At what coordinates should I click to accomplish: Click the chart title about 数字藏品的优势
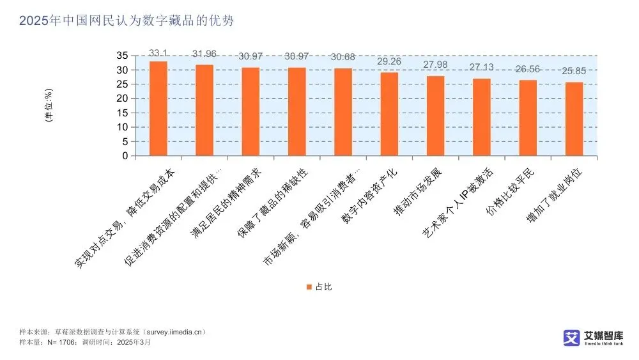tap(127, 21)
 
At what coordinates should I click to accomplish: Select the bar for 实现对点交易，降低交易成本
tap(158, 109)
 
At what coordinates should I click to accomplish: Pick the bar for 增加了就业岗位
tap(574, 119)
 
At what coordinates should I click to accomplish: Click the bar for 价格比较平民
tap(528, 118)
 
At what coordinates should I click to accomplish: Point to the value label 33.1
tap(158, 52)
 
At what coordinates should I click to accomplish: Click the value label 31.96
tap(204, 53)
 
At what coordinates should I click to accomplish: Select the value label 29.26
tap(389, 62)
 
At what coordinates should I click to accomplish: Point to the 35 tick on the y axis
tap(122, 56)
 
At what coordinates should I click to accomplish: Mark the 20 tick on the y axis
tap(122, 98)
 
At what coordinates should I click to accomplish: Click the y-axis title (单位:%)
tap(49, 106)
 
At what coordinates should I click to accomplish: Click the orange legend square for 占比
tap(309, 287)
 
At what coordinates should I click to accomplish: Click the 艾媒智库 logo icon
tap(571, 338)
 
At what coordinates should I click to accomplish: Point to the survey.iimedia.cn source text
tap(174, 333)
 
